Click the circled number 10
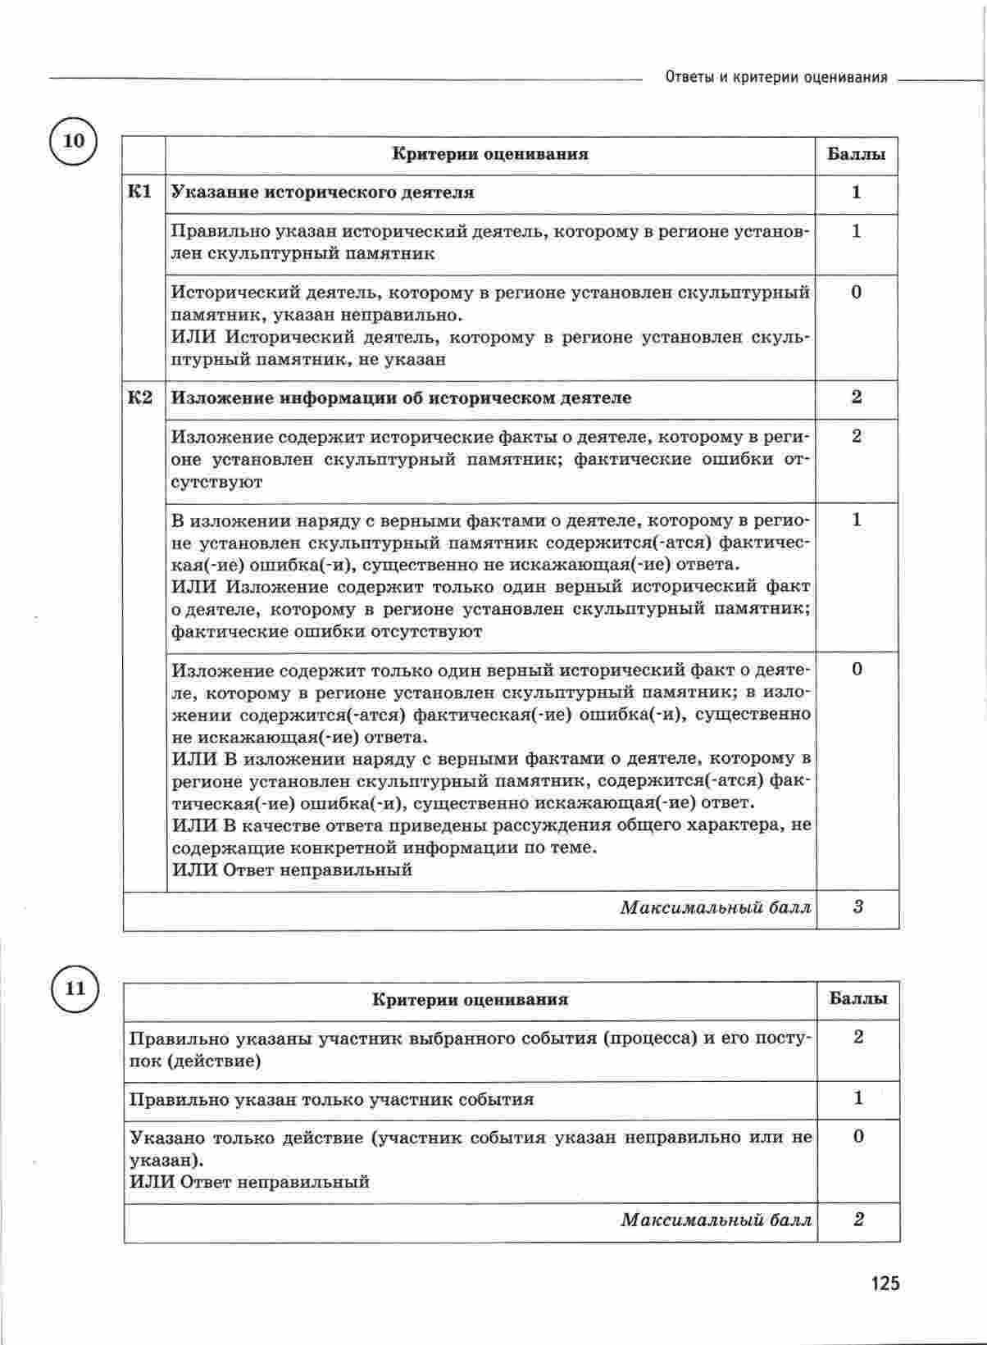coord(74,141)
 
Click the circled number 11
coord(75,988)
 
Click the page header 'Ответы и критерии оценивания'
coord(775,78)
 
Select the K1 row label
coord(141,193)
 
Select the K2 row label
coord(141,398)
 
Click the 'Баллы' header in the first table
coord(856,154)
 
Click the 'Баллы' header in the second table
coord(857,999)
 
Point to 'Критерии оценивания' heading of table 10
coord(489,154)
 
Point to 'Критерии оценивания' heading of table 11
coord(470,1000)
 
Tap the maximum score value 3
coord(857,907)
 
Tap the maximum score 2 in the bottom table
coord(858,1220)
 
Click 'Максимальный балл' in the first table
coord(716,908)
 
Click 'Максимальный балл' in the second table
coord(716,1220)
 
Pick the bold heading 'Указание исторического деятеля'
coord(322,193)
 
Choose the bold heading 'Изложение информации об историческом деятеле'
coord(401,398)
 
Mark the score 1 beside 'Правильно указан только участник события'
coord(858,1098)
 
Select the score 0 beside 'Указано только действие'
coord(858,1137)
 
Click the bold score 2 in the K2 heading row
coord(857,398)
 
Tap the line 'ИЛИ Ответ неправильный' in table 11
coord(249,1182)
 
